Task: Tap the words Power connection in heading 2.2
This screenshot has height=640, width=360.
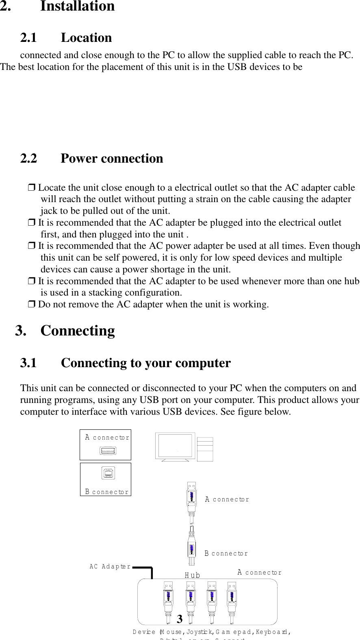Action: point(112,158)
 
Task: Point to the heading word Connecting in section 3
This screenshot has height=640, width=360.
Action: point(78,331)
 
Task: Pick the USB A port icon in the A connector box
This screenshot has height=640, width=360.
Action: point(107,451)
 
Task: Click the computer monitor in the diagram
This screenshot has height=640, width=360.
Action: point(176,447)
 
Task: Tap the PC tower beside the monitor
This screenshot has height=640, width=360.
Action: point(205,449)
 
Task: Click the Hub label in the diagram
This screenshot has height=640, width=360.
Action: point(193,575)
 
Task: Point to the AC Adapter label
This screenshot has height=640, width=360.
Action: point(110,566)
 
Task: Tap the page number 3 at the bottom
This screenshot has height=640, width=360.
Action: point(180,619)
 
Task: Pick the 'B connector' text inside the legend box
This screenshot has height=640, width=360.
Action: point(107,492)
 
